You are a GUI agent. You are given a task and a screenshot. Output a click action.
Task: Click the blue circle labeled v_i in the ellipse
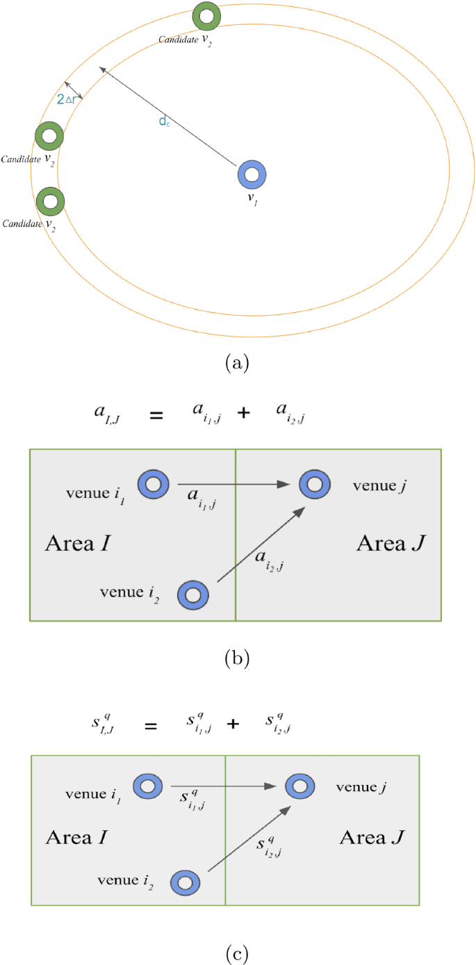pos(251,175)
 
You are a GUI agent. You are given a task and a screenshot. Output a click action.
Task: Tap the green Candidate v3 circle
pos(49,136)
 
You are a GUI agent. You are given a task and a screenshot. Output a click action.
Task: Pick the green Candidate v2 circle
pos(50,202)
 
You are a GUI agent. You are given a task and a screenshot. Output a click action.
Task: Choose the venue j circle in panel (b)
pos(315,485)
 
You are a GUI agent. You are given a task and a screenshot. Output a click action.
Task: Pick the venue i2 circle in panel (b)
pos(192,595)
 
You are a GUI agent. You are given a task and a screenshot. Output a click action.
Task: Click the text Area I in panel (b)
pos(78,543)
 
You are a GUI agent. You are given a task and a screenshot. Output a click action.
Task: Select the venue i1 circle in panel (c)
pos(147,786)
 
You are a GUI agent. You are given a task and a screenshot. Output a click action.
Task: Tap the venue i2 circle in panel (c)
pos(185,883)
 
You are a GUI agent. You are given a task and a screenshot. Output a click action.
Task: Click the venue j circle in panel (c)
pos(299,786)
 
